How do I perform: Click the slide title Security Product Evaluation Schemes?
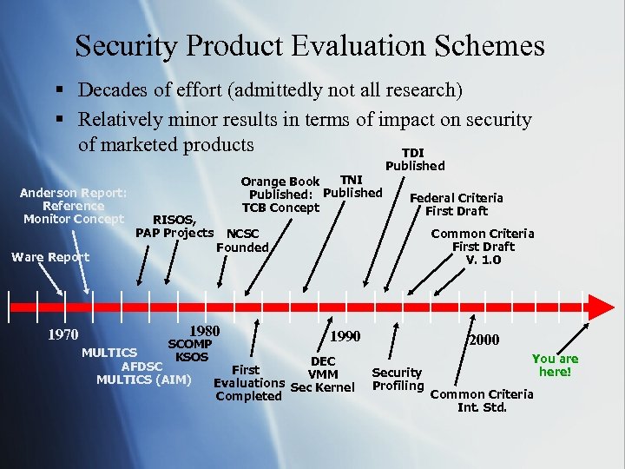click(x=310, y=45)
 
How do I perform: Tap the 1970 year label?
click(x=62, y=334)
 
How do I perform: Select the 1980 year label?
click(x=204, y=331)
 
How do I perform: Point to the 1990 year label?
click(x=345, y=336)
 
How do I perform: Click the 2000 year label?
click(x=484, y=341)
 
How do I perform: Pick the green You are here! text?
click(x=555, y=365)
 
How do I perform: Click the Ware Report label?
click(x=49, y=257)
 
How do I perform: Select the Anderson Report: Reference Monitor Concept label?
click(x=74, y=206)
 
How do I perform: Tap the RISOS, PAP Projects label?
click(x=174, y=226)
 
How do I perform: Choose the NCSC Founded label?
click(x=242, y=241)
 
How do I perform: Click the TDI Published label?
click(x=415, y=159)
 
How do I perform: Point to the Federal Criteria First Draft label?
click(x=456, y=204)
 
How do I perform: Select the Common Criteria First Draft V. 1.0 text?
click(x=483, y=246)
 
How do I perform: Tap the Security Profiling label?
click(x=398, y=379)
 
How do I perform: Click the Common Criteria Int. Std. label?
click(x=482, y=400)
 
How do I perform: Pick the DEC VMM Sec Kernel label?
click(x=322, y=374)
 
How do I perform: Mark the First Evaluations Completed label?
click(x=248, y=383)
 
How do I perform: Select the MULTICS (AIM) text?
click(x=143, y=379)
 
